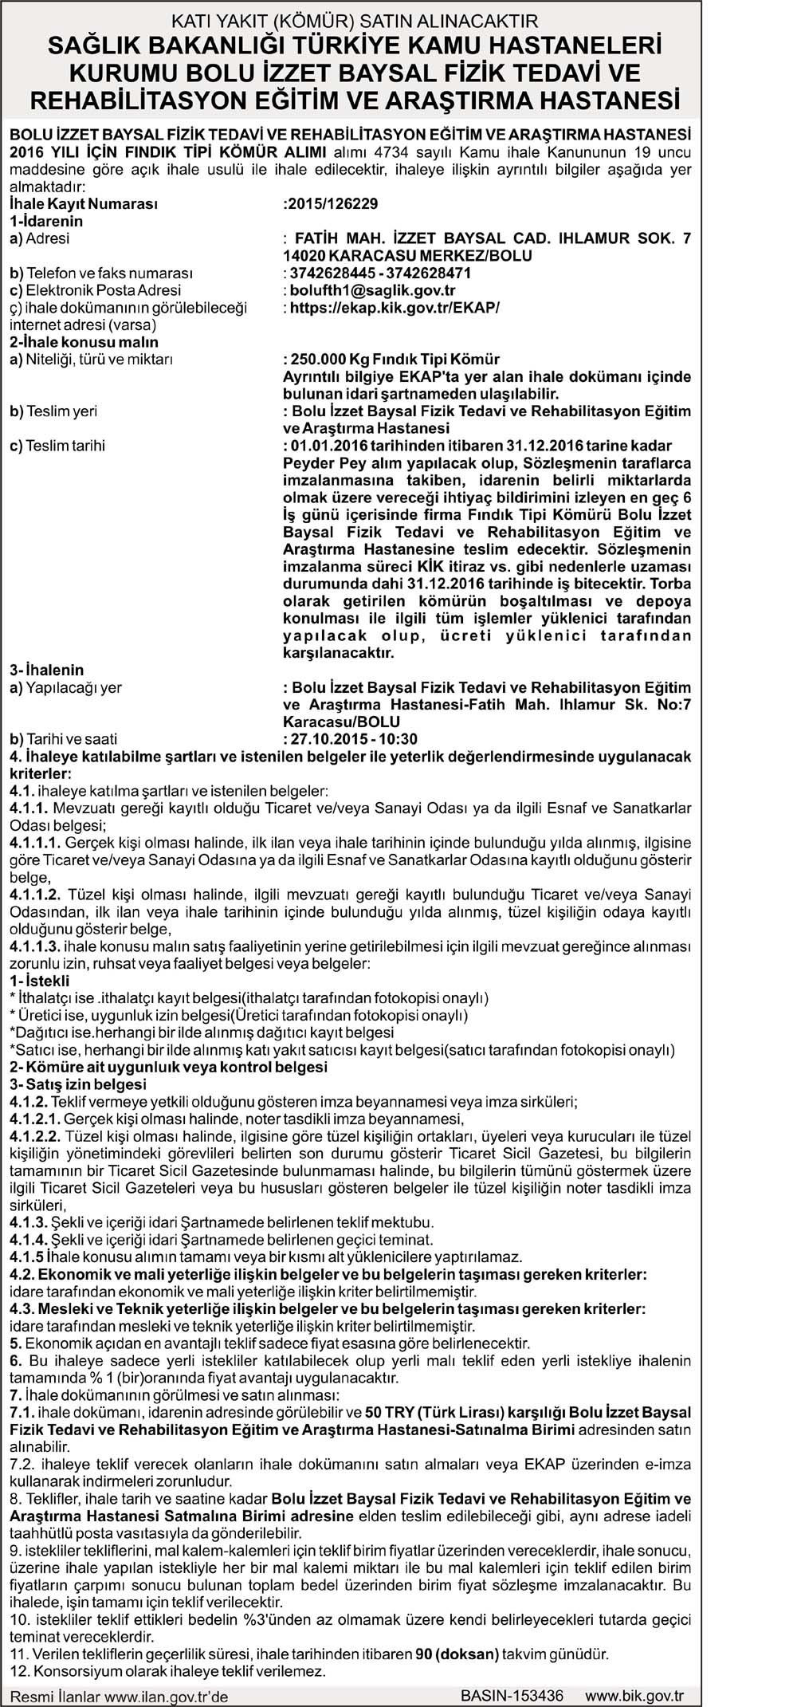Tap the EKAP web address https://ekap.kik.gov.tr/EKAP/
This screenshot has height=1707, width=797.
[x=395, y=308]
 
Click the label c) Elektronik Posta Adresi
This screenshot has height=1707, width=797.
[x=95, y=290]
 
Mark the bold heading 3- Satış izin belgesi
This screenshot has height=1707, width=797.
[x=78, y=1084]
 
